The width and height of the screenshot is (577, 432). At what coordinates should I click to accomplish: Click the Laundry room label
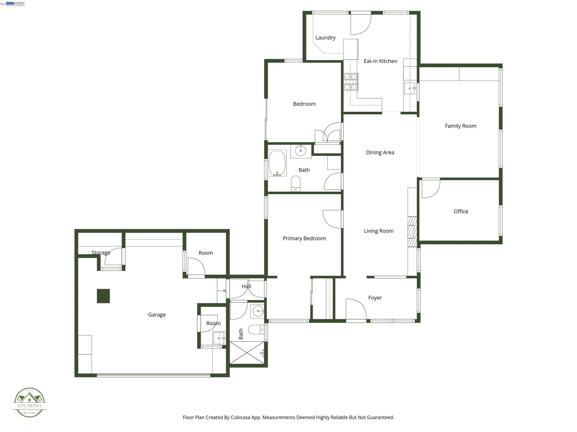325,38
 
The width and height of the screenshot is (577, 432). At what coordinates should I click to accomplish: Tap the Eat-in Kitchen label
380,61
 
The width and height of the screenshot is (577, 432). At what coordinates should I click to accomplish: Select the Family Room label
460,126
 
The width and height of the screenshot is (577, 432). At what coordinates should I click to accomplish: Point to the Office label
461,211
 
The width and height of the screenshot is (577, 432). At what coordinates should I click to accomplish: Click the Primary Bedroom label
304,238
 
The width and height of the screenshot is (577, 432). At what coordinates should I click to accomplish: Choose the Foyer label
375,298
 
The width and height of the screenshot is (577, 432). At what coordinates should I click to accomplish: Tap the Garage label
157,315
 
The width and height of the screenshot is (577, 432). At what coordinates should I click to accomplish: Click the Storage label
101,253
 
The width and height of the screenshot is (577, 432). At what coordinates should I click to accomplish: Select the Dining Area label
380,153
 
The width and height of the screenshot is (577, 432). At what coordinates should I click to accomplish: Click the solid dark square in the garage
103,296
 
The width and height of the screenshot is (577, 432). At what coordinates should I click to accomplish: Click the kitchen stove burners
351,82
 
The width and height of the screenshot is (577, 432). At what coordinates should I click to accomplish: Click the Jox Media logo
29,402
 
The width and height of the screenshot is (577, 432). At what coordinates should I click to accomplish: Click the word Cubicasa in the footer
240,417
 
